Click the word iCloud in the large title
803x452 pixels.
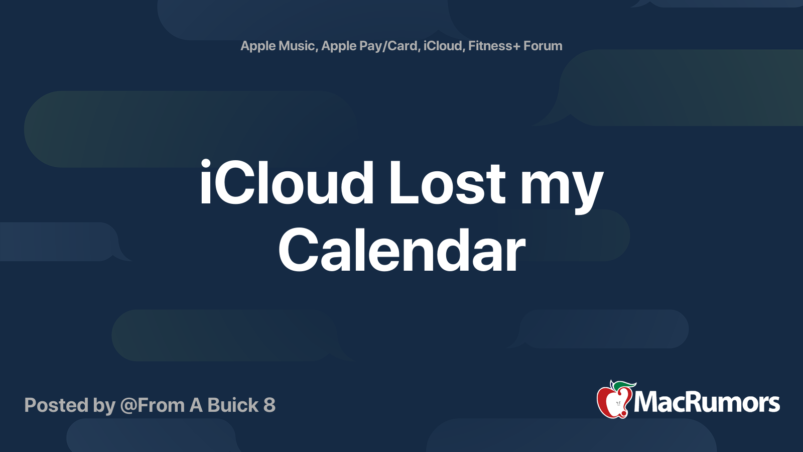pos(286,183)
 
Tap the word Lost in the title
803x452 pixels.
pos(447,183)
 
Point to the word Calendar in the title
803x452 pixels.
pos(401,250)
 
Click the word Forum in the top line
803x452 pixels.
pos(543,46)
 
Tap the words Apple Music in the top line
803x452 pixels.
pos(278,46)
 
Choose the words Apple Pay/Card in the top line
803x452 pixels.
pos(369,46)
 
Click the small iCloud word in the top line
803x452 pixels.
pos(443,46)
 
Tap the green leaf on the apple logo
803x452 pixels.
pos(624,385)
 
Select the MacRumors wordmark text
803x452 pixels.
pos(707,403)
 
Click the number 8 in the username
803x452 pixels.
pos(270,405)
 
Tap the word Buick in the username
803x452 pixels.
pos(233,405)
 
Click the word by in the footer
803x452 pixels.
pos(104,406)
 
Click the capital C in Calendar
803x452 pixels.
pos(300,250)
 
